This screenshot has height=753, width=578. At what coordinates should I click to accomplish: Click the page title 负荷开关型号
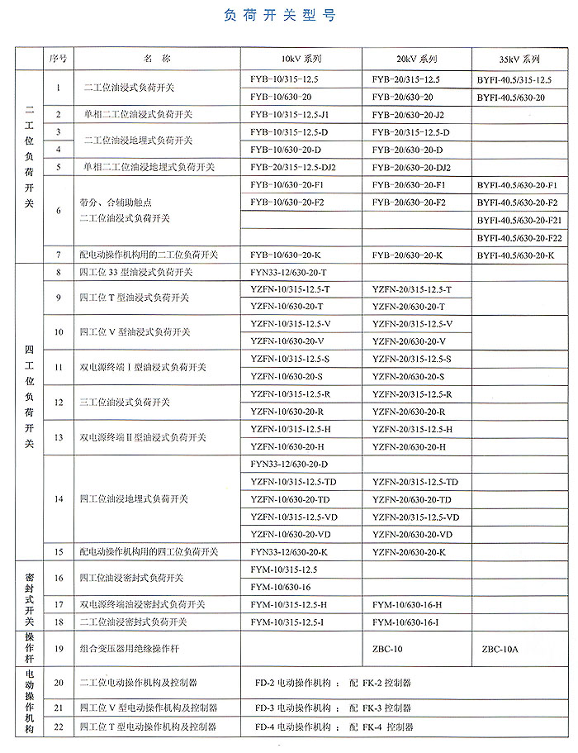tap(280, 16)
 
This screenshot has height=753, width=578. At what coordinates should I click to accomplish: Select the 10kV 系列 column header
tap(301, 60)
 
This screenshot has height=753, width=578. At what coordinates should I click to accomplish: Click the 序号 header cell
tap(59, 59)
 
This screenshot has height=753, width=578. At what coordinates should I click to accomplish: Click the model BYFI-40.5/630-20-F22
tap(519, 238)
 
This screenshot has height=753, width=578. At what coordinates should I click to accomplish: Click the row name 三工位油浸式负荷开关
tap(125, 403)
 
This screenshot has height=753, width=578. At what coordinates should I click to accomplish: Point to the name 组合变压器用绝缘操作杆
tap(127, 649)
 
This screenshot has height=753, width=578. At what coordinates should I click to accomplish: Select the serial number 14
tap(59, 499)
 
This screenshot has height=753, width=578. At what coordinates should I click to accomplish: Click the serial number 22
tap(59, 727)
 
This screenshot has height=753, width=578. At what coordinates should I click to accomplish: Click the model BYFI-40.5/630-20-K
tap(515, 255)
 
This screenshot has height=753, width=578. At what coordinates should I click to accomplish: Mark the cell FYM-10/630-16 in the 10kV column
tap(281, 587)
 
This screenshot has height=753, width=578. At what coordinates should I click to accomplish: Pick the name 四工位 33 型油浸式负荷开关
tap(136, 272)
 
